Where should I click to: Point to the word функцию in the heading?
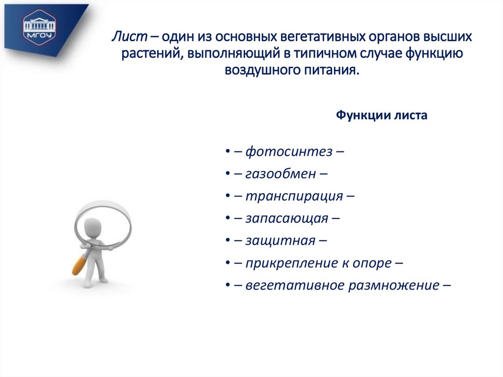point(434,54)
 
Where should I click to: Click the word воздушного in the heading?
point(259,70)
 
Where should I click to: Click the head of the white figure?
point(92,227)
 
